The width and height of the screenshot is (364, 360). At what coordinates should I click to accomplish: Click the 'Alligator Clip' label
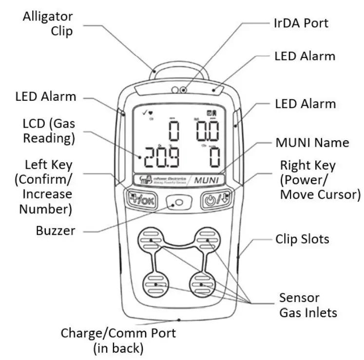tap(48, 23)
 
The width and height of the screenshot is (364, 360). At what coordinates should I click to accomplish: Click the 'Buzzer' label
tap(56, 230)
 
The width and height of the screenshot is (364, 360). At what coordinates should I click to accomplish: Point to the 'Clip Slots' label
tap(302, 239)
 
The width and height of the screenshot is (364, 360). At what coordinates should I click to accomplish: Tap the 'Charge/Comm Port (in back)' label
tap(118, 341)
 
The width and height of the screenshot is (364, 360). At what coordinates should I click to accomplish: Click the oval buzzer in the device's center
tap(178, 202)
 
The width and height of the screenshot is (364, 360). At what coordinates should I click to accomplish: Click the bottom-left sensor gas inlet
tap(155, 284)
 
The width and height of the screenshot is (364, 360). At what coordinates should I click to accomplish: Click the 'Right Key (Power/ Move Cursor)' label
tap(320, 180)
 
